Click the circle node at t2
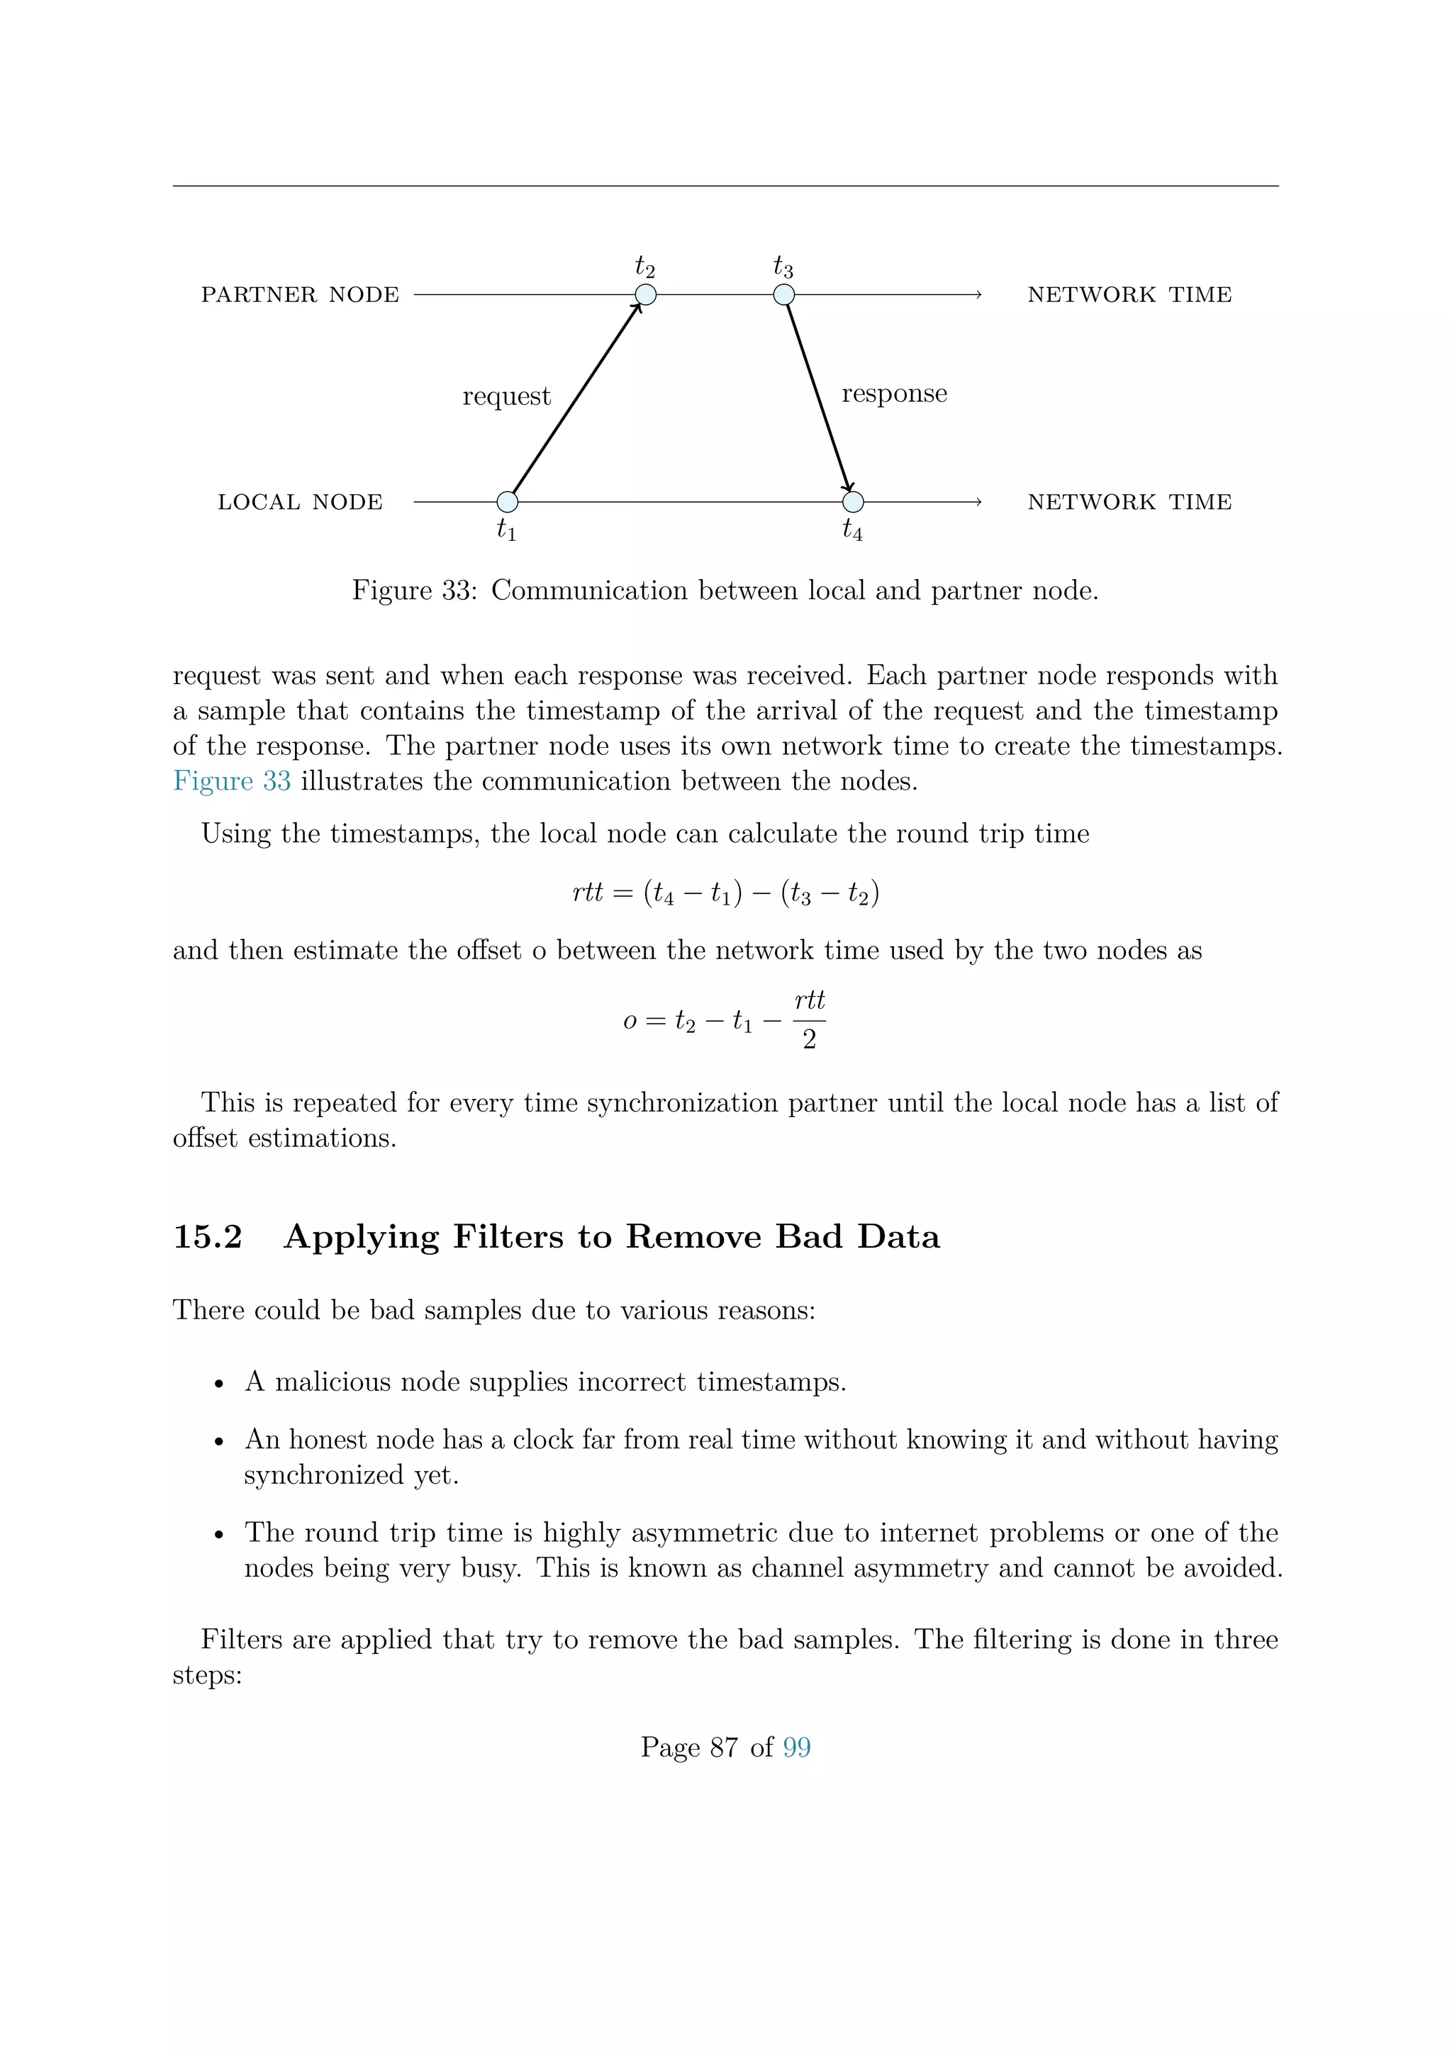point(646,295)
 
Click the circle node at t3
point(784,295)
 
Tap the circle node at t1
point(507,502)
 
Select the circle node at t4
point(853,502)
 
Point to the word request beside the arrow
point(506,396)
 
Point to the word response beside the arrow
point(894,393)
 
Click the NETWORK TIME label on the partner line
point(1129,295)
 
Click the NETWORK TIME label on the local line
point(1129,503)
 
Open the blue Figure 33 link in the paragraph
point(232,781)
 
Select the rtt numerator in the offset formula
point(809,1000)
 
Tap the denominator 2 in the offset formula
point(809,1040)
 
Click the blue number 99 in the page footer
point(797,1747)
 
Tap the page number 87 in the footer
point(724,1747)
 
